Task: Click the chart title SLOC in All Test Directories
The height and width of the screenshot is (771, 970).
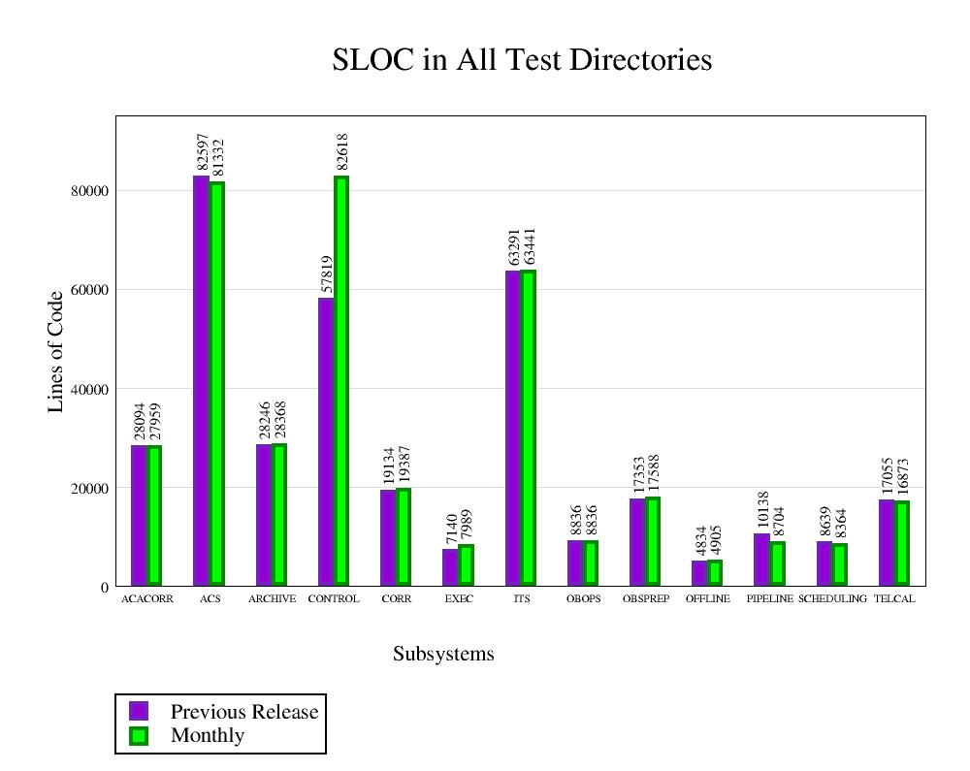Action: tap(522, 60)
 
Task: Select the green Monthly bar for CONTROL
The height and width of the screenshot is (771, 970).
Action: tap(341, 380)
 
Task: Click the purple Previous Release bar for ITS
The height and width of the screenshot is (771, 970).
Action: tap(513, 428)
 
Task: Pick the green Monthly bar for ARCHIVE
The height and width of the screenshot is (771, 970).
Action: tap(279, 514)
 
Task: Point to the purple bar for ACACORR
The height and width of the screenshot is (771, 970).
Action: tap(139, 515)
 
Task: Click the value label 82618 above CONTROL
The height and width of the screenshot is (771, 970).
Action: tap(342, 152)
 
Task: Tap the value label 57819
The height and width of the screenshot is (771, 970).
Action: tap(327, 273)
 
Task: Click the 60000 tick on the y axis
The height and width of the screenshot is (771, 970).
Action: tap(89, 290)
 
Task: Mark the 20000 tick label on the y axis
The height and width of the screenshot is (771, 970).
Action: tap(89, 488)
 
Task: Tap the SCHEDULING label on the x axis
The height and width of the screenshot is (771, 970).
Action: tap(832, 599)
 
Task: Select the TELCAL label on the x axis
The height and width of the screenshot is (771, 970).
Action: tap(894, 599)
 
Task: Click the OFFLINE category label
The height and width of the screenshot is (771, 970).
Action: tap(708, 599)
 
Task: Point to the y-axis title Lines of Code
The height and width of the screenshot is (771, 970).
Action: tap(56, 351)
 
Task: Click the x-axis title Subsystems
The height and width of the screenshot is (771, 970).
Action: tap(443, 655)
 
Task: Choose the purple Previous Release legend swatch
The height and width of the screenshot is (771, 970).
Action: tap(139, 711)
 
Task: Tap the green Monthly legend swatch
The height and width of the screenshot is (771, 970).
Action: tap(139, 736)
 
